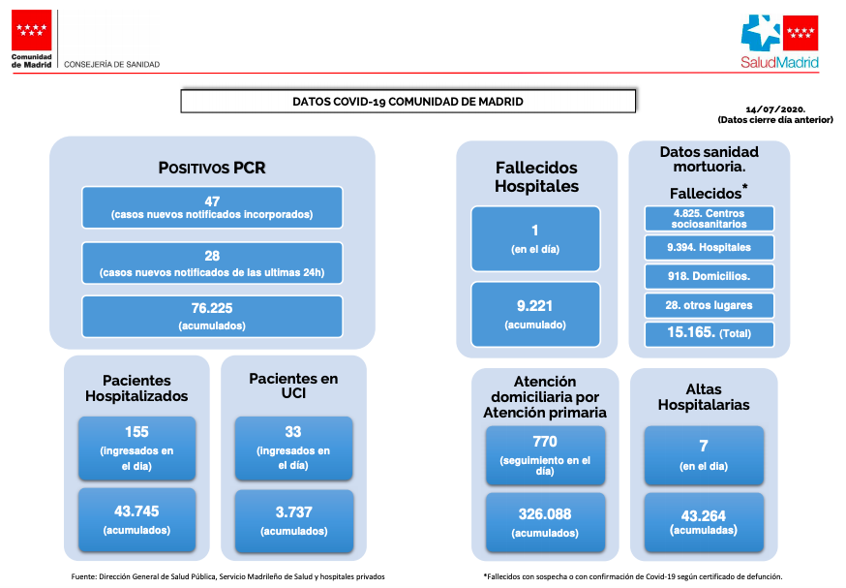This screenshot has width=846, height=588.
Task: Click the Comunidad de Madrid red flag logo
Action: pos(31,30)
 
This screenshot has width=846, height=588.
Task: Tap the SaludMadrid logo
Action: pos(779,42)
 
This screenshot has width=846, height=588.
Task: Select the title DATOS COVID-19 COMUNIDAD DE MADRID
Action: pos(408,102)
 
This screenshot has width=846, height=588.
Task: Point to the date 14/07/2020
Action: pos(775,109)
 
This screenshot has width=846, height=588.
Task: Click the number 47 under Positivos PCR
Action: pos(212,201)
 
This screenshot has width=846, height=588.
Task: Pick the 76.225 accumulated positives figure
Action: pos(212,308)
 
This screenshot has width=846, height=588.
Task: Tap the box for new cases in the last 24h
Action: pos(212,263)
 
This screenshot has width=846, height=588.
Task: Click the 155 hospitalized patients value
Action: pos(136,432)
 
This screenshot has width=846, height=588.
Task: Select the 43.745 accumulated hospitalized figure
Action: pos(136,511)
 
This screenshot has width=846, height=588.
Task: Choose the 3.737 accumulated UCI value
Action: pos(294,511)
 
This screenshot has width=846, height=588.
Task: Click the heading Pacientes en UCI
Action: pos(293,387)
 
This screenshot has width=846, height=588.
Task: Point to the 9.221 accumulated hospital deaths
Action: pos(534,306)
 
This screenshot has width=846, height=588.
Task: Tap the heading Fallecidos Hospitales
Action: pos(536,177)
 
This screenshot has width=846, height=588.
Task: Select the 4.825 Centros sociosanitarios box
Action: pos(709,219)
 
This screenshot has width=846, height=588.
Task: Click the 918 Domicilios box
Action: pos(709,276)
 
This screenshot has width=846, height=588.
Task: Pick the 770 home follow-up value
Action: pos(545,442)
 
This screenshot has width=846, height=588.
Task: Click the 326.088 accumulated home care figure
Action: pos(545,514)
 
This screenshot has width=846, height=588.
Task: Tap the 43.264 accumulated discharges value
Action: pos(704,515)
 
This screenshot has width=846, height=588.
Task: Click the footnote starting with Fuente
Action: pos(227,576)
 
